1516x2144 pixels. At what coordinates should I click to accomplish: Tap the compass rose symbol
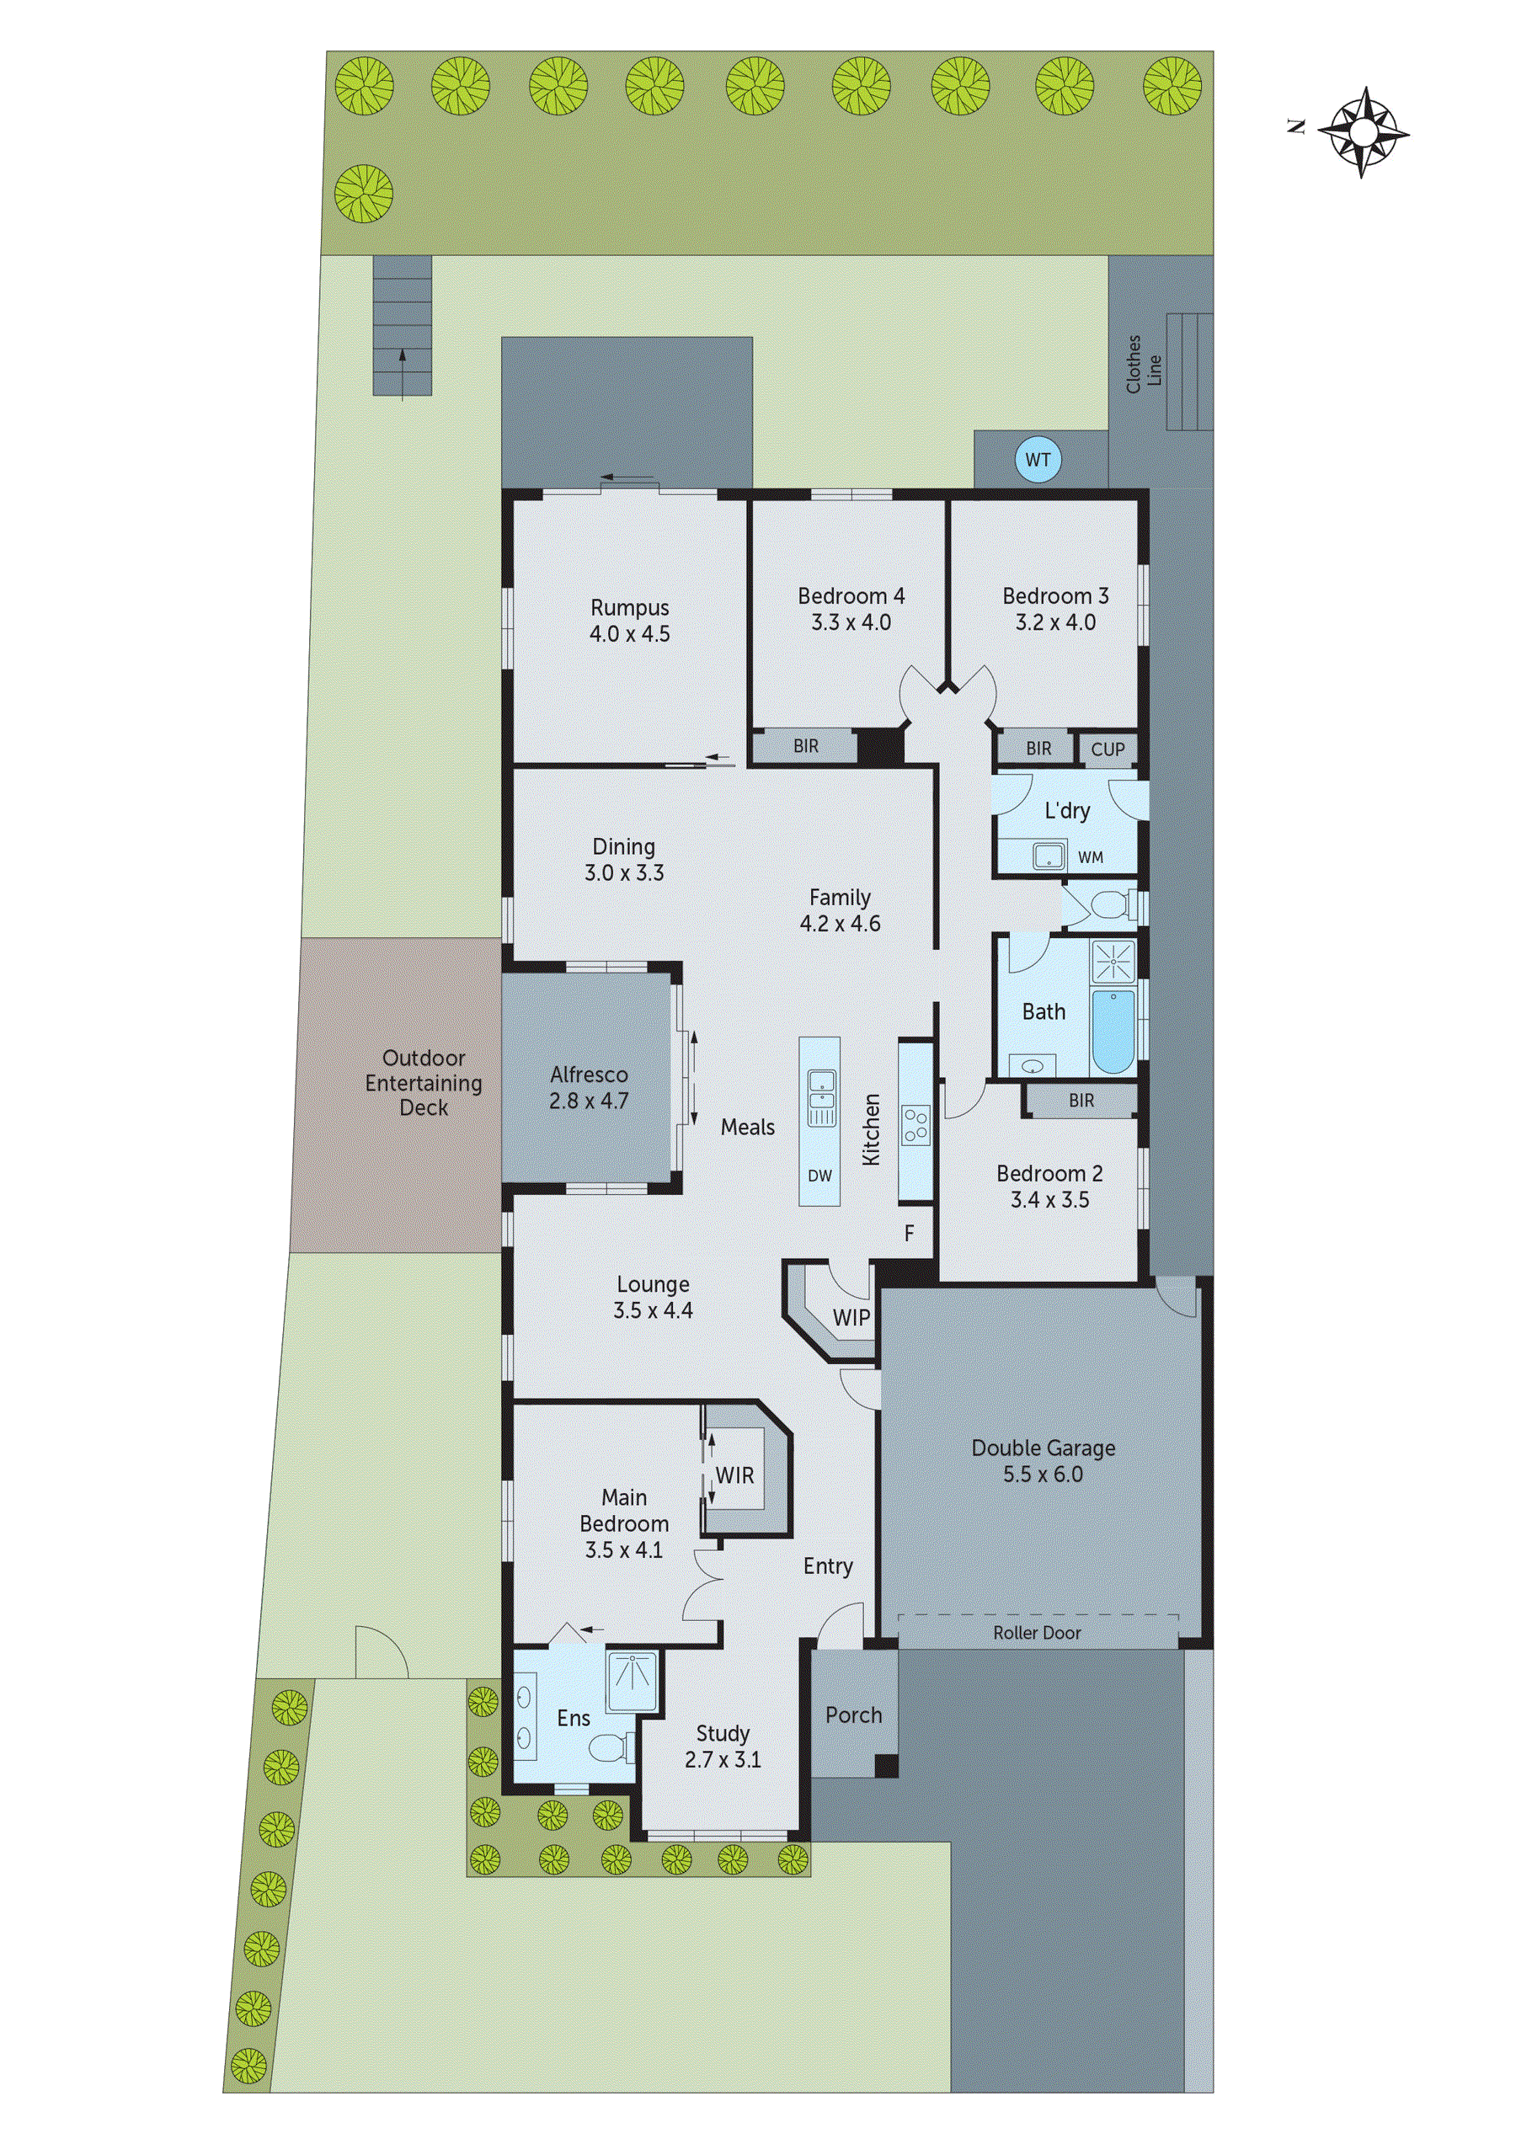pyautogui.click(x=1363, y=131)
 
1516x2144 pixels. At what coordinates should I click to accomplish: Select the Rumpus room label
pyautogui.click(x=630, y=608)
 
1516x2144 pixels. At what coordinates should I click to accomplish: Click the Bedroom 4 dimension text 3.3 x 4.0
pyautogui.click(x=850, y=623)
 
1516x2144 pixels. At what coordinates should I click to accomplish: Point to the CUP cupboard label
pyautogui.click(x=1108, y=749)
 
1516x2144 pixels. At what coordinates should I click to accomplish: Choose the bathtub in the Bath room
pyautogui.click(x=1113, y=1032)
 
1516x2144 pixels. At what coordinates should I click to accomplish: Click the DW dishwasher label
pyautogui.click(x=819, y=1176)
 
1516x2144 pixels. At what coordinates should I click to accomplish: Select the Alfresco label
pyautogui.click(x=589, y=1075)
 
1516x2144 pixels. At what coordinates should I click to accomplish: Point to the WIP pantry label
pyautogui.click(x=851, y=1318)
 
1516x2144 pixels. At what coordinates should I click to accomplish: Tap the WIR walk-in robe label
pyautogui.click(x=734, y=1475)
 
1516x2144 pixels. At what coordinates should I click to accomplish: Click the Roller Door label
pyautogui.click(x=1037, y=1633)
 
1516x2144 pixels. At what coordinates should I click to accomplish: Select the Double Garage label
pyautogui.click(x=1044, y=1448)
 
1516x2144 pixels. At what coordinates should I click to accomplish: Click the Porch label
pyautogui.click(x=853, y=1715)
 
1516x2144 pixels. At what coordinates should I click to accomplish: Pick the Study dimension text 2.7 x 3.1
pyautogui.click(x=722, y=1760)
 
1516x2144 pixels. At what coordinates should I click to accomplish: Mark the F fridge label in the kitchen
pyautogui.click(x=909, y=1234)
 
